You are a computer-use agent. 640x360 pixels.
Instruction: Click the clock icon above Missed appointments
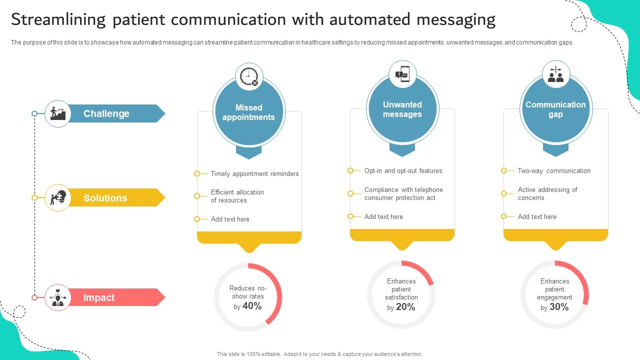249,76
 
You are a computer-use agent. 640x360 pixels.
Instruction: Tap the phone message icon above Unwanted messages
402,74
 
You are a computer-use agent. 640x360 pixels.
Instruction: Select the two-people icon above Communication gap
555,74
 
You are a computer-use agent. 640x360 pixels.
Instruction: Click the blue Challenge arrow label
115,113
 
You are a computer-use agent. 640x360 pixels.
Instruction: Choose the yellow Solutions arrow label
115,198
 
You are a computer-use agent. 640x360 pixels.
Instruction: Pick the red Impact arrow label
115,297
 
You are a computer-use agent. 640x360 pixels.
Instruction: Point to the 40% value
252,306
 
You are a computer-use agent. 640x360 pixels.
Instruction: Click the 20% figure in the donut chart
405,307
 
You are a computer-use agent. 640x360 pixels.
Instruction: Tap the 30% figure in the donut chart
559,307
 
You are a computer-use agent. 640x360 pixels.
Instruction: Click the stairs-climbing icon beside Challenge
58,113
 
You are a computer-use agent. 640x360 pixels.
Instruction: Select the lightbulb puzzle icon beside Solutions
58,197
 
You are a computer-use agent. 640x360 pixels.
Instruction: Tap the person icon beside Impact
58,297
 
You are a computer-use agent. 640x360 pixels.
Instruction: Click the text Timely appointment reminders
254,174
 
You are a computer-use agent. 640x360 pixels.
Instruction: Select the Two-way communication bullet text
554,171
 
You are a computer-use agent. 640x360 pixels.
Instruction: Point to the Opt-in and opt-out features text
403,171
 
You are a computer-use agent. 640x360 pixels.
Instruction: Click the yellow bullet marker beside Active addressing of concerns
504,193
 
